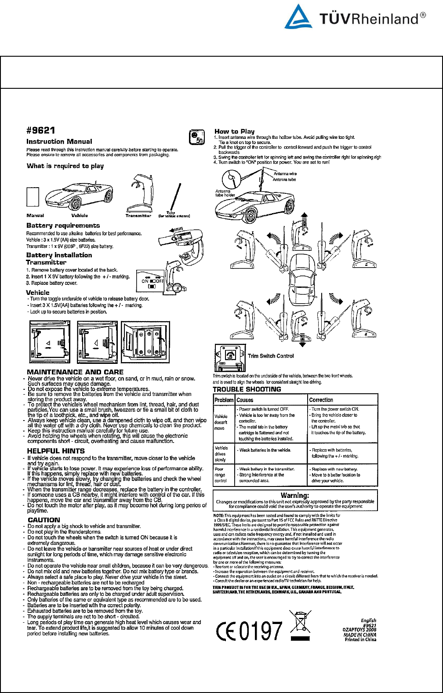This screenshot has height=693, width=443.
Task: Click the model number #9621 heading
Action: click(40, 131)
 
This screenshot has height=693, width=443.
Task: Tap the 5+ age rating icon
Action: click(197, 138)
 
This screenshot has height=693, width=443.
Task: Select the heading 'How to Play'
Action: click(234, 131)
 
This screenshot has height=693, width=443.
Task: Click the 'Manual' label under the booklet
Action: click(35, 216)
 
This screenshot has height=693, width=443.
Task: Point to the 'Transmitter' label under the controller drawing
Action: click(138, 216)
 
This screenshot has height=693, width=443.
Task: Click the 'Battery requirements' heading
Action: click(63, 225)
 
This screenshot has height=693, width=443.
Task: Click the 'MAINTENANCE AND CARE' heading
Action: click(75, 372)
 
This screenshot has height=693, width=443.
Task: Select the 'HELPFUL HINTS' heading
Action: click(56, 451)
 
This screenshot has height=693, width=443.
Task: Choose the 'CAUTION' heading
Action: click(44, 520)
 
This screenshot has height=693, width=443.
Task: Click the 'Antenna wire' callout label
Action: click(285, 174)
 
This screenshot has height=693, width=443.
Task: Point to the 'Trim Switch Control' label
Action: click(271, 356)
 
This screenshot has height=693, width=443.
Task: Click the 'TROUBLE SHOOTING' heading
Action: click(247, 389)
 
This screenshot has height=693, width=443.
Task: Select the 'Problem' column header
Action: click(224, 400)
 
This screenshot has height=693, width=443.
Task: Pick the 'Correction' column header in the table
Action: click(321, 400)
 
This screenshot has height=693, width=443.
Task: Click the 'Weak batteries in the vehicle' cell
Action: click(265, 450)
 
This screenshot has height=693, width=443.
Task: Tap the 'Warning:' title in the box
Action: click(295, 495)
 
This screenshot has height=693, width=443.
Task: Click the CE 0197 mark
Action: click(249, 631)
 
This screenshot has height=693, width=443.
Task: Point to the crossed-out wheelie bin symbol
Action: click(301, 625)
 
